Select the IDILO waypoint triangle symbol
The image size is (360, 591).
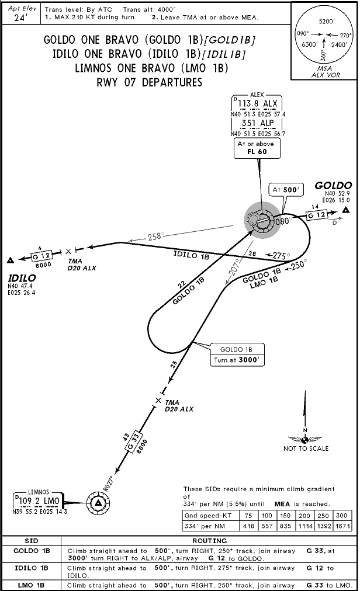11,260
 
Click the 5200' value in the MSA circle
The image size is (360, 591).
326,21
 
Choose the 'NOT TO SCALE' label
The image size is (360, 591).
306,449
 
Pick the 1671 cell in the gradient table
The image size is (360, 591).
344,526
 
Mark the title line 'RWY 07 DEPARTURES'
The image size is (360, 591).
150,82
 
